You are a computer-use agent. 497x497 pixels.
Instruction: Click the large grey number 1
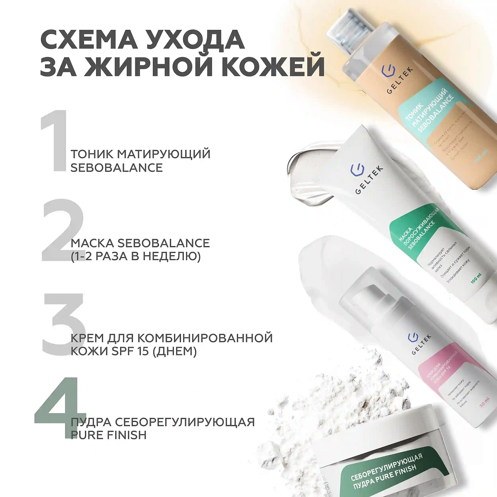click(54, 141)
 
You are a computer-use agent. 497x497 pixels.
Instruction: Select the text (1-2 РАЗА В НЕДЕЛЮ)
click(135, 256)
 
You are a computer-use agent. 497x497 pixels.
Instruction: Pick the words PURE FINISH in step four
click(109, 435)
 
